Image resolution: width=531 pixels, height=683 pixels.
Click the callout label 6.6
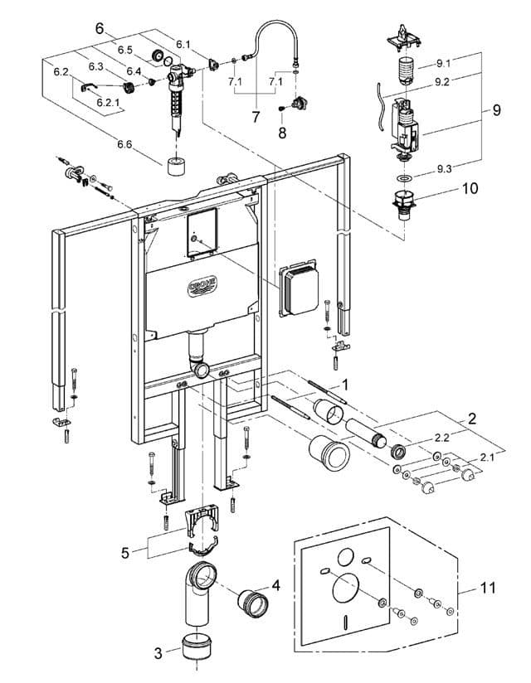124,144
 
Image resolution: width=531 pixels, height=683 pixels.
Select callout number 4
275,584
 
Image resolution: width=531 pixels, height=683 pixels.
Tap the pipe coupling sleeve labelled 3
197,644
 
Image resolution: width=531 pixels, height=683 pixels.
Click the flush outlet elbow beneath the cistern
200,364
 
